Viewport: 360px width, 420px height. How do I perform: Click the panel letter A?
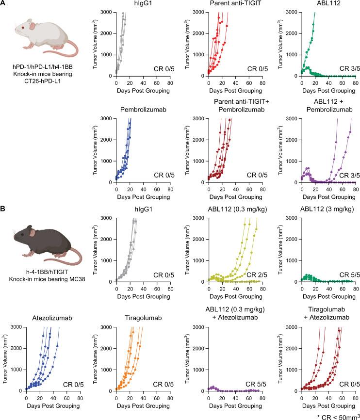click(4, 4)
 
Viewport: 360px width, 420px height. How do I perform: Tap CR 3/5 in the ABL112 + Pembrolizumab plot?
click(346, 174)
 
